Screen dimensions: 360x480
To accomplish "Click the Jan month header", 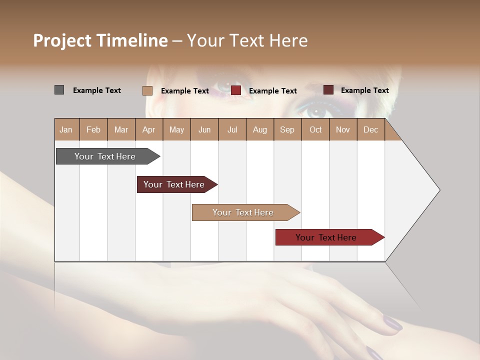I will point(66,129).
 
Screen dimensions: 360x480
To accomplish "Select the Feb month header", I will point(93,129).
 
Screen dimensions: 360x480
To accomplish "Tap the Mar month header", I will point(121,129).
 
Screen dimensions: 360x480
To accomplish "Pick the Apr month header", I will point(148,129).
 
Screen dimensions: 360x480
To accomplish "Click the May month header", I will point(176,129).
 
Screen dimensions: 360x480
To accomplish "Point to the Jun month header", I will point(204,129).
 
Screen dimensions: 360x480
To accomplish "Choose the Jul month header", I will point(232,129).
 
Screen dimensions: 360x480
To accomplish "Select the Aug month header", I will point(260,129).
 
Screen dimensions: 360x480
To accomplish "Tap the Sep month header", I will point(287,129).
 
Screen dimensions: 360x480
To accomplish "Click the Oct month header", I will point(315,129).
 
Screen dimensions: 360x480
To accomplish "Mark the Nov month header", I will point(343,129).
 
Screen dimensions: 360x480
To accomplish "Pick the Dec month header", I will point(371,129).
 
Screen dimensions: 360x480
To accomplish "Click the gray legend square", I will point(59,90).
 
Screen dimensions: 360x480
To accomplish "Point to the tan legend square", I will point(147,90).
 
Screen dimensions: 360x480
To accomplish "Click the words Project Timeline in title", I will point(100,40).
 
